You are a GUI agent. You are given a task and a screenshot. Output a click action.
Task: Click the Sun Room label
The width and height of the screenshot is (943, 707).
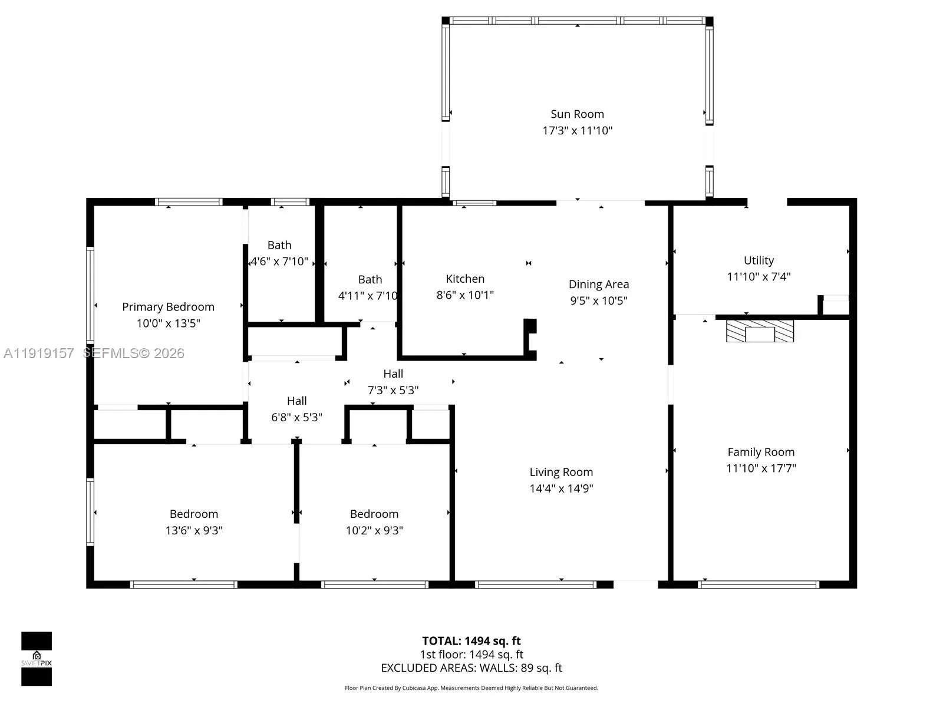[577, 114]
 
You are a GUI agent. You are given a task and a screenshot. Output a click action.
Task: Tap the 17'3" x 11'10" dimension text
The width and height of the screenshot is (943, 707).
[577, 131]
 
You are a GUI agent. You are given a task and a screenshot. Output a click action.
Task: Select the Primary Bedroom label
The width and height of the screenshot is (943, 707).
[168, 307]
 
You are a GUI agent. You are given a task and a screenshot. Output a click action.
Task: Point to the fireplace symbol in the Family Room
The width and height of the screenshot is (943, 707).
[760, 331]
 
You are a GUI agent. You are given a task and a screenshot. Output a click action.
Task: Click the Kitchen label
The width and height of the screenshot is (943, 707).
[465, 279]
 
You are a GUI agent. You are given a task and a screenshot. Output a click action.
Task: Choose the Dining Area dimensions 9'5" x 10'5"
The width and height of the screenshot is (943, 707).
[598, 300]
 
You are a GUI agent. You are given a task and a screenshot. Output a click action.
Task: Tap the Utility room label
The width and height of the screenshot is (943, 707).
[759, 260]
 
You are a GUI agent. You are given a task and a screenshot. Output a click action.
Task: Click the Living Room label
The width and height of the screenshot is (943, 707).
[560, 472]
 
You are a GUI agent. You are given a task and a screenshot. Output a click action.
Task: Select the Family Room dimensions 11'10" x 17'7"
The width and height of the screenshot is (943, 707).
[761, 468]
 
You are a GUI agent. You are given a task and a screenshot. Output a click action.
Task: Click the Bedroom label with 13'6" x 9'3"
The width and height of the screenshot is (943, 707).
[194, 514]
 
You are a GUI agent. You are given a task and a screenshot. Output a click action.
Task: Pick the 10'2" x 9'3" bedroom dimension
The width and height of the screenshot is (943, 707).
[374, 530]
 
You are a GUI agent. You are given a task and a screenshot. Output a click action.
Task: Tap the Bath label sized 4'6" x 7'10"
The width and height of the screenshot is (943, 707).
[279, 245]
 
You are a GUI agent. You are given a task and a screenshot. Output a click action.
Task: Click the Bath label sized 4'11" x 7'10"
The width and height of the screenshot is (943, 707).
[370, 280]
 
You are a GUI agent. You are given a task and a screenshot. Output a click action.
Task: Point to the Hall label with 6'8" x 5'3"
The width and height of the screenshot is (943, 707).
[296, 401]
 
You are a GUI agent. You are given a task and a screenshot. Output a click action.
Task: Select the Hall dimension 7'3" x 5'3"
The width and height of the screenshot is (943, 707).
[393, 390]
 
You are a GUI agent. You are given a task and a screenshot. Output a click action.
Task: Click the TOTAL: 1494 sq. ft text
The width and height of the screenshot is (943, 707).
[471, 641]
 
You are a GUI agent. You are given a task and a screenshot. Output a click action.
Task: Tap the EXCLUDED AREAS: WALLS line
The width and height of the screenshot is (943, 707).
[471, 668]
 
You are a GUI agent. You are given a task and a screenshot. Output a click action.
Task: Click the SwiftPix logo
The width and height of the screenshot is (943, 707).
[37, 659]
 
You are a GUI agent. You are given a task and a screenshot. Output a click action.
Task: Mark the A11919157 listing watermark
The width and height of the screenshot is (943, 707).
[39, 353]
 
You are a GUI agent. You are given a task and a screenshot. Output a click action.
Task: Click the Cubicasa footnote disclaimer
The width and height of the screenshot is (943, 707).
[471, 688]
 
